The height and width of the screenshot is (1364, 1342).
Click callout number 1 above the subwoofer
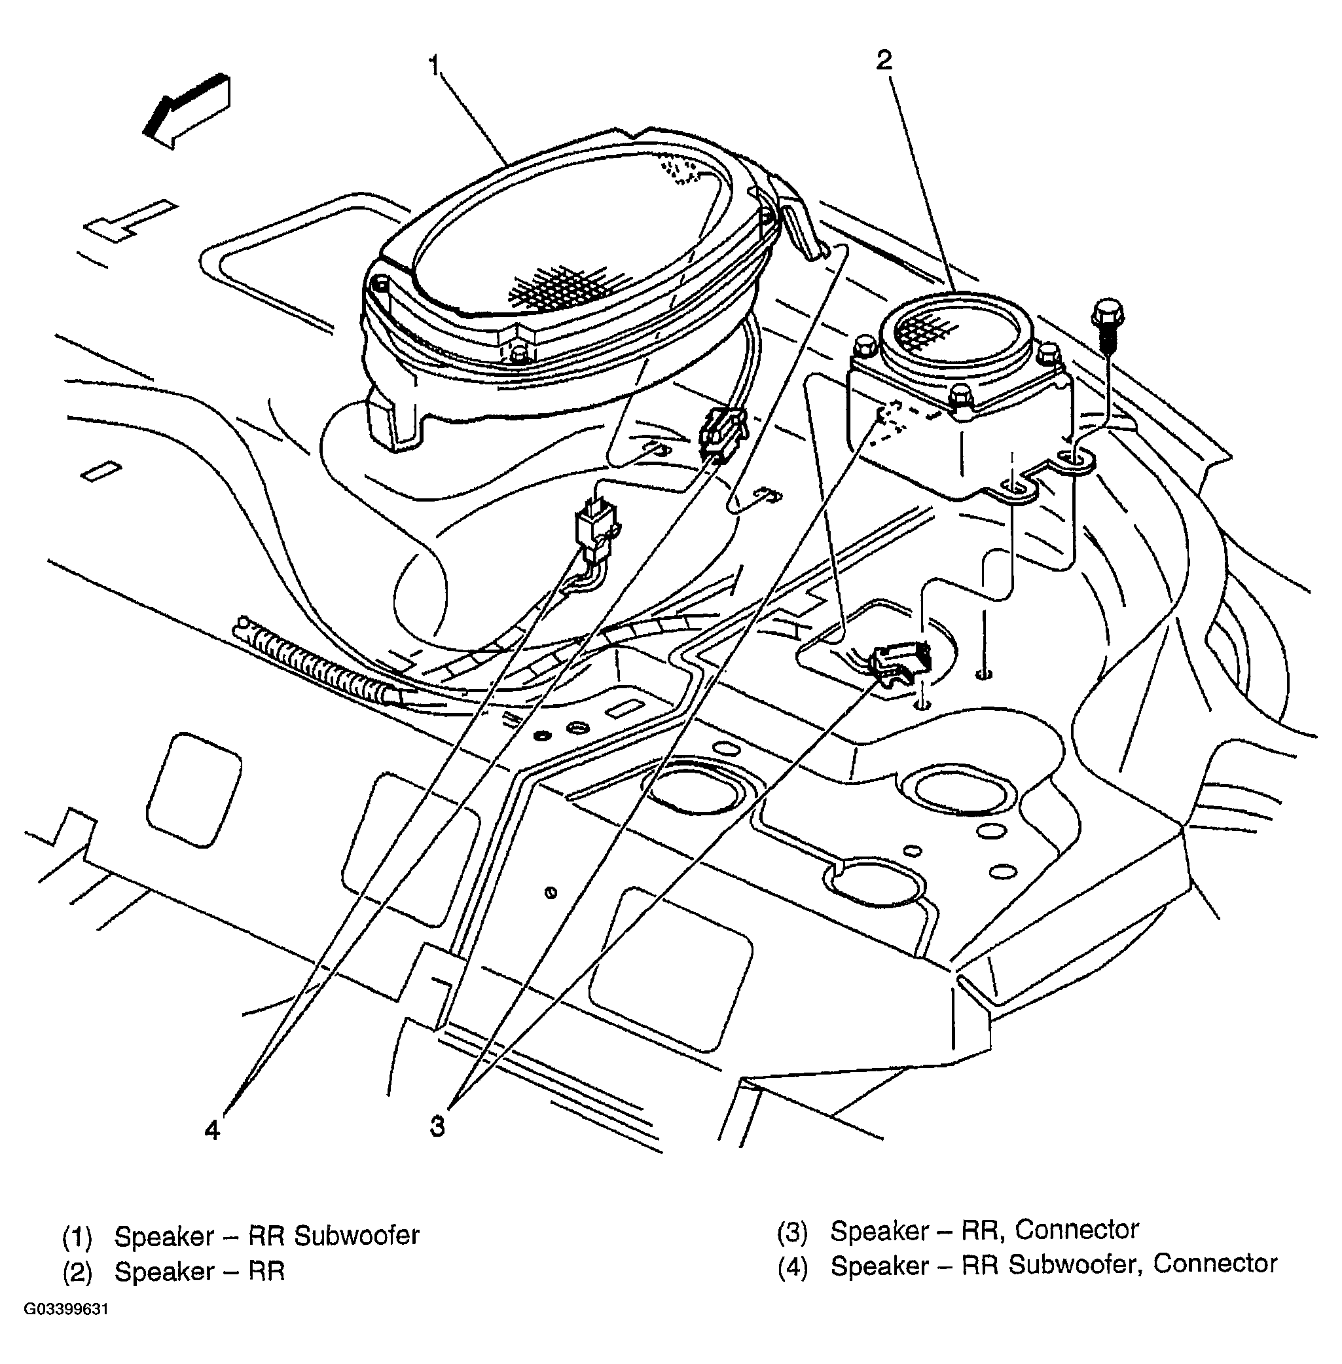pos(434,65)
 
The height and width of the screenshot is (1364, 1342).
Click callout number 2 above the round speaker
pos(884,61)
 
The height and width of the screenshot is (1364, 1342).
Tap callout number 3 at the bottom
pos(438,1126)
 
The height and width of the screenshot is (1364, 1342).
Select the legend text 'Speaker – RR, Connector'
pos(984,1230)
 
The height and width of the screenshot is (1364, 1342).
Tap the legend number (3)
pos(792,1232)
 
